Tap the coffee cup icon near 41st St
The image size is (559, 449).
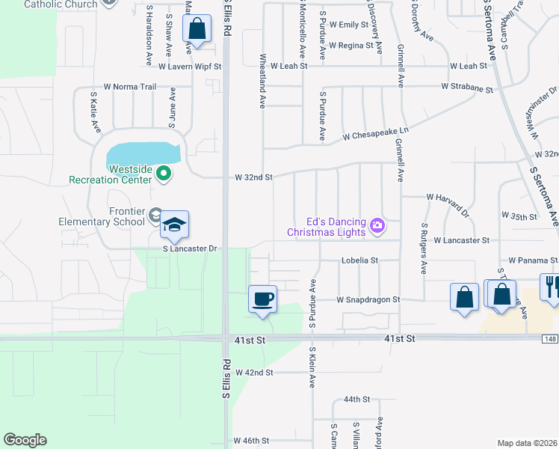click(262, 299)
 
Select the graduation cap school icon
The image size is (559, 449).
click(174, 224)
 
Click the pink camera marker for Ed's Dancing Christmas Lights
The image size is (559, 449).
click(377, 224)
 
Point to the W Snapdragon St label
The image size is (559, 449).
click(368, 299)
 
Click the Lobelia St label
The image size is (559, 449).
click(359, 260)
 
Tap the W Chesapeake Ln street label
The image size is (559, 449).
click(376, 133)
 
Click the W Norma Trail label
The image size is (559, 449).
click(130, 87)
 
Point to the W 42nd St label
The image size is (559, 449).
click(254, 372)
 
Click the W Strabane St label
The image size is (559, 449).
click(467, 87)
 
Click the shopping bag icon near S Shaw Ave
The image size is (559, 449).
click(197, 31)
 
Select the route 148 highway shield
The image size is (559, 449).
click(552, 340)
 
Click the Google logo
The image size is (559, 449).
click(25, 440)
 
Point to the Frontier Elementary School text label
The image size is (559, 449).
click(102, 216)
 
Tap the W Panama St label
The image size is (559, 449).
click(532, 260)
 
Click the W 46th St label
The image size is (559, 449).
click(251, 442)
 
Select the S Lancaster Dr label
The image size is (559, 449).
click(190, 248)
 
